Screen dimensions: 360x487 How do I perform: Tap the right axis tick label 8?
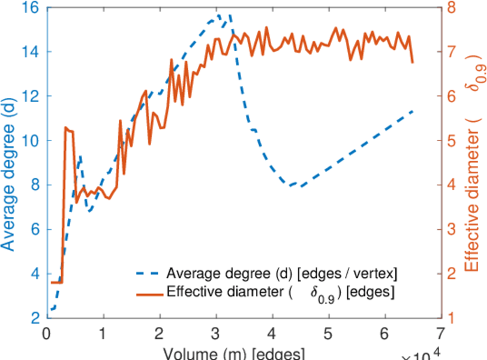click(451, 7)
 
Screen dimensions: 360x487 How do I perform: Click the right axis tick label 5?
click(451, 140)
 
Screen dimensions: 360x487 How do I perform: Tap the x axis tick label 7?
click(442, 332)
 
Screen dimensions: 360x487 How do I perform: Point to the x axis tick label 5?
click(329, 332)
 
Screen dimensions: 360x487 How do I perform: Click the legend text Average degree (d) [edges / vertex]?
click(282, 274)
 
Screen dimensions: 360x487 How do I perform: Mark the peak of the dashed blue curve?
click(218, 15)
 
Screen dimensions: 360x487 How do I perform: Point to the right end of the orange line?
click(413, 62)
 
